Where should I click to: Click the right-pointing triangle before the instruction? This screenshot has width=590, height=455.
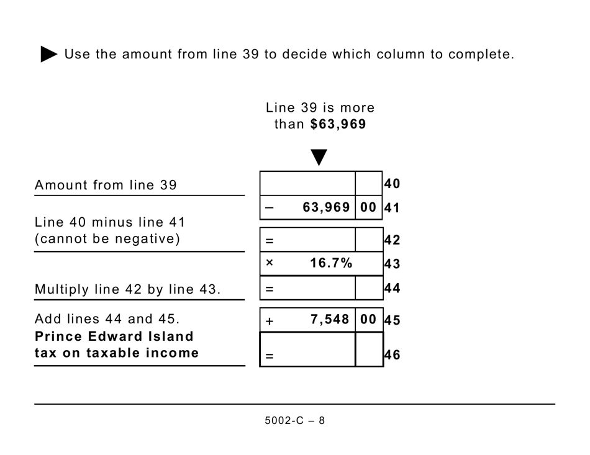tap(49, 54)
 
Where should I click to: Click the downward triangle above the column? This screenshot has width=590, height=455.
tap(319, 157)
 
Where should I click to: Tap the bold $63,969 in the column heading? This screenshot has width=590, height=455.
tap(338, 124)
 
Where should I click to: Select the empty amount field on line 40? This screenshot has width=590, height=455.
tap(307, 183)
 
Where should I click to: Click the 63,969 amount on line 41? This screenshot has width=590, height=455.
tap(326, 207)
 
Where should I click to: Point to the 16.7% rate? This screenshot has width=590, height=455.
tap(331, 263)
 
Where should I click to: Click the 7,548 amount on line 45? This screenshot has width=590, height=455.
tap(330, 320)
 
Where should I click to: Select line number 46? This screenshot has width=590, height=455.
tap(392, 356)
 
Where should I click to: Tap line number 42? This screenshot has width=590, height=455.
tap(392, 240)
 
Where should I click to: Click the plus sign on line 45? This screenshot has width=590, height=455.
tap(270, 321)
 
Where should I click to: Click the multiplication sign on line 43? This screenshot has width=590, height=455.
tap(269, 263)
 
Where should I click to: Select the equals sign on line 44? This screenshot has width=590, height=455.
tap(270, 289)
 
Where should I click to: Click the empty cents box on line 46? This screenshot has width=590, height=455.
tap(369, 349)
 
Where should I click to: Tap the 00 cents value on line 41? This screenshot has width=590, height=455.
tap(368, 207)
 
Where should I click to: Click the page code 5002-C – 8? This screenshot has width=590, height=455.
tap(294, 421)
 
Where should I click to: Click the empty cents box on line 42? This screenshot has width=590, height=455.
tap(369, 240)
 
